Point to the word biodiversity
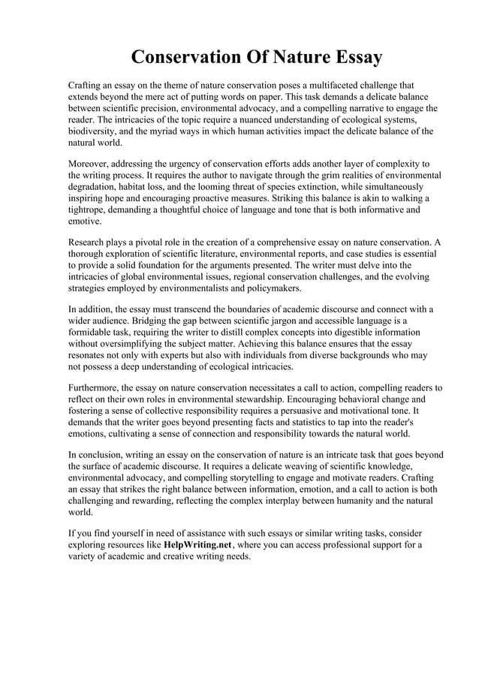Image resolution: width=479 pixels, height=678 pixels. tap(95, 131)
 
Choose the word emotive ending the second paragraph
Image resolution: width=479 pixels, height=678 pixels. tap(84, 222)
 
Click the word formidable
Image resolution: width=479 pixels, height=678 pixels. tap(95, 333)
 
